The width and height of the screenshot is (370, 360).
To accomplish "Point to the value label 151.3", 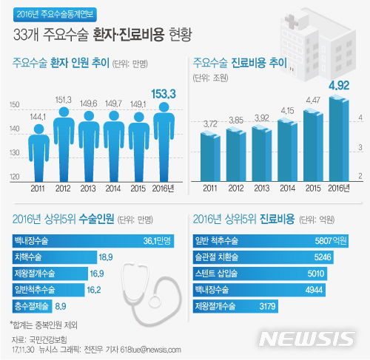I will pos(64,99).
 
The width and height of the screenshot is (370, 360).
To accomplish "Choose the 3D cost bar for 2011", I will pos(211,157).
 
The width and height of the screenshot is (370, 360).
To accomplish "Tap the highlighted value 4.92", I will pos(340,84).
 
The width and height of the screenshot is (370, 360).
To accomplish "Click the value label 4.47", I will pos(313,99).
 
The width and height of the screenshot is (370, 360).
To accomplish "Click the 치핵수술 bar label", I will pos(28,257).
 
